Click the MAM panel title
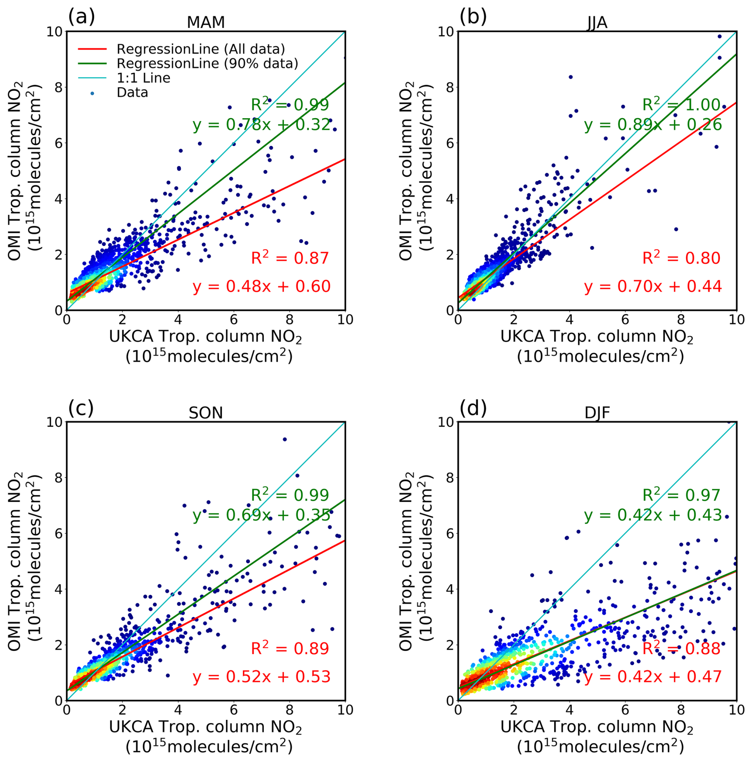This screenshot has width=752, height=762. click(x=205, y=22)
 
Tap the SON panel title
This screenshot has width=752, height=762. click(x=205, y=413)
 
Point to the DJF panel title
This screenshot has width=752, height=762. click(x=597, y=413)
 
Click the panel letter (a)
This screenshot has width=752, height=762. click(x=81, y=17)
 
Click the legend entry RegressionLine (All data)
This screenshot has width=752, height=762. click(x=201, y=49)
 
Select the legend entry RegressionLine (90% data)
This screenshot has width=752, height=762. click(x=207, y=63)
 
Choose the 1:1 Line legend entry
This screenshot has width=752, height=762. click(x=143, y=78)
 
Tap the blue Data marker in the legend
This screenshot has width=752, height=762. click(x=92, y=93)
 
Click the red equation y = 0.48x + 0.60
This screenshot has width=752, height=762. click(x=262, y=286)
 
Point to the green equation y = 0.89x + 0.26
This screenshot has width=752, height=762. click(x=653, y=125)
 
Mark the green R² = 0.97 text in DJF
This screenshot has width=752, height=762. click(x=681, y=495)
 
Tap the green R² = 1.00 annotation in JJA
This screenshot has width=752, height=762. click(x=681, y=105)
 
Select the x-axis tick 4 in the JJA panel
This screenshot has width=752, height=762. click(x=569, y=320)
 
